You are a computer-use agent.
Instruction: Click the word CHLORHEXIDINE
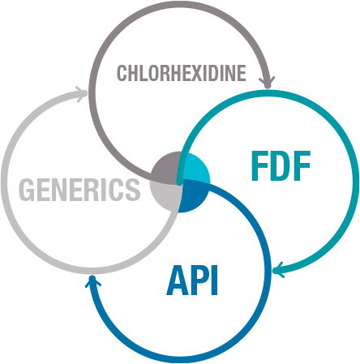coord(182,73)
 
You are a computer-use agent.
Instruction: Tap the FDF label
coord(281,165)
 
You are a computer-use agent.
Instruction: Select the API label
coord(192,280)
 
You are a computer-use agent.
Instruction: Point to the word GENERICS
coord(79,189)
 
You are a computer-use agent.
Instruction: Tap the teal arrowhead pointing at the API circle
coord(278,270)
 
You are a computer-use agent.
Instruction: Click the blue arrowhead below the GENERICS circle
coord(92,281)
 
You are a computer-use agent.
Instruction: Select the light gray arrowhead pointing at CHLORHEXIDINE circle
coord(81,94)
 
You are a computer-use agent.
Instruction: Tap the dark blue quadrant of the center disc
coord(193,197)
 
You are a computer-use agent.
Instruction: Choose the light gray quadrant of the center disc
coord(165,195)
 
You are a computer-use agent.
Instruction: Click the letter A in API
coord(177,280)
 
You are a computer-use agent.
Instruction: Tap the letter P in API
coord(199,280)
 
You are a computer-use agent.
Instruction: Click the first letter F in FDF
coord(260,165)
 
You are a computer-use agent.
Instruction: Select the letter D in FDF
coord(281,165)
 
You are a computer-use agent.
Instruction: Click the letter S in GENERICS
coord(132,190)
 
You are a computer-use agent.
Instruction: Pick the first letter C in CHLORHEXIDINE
coord(122,73)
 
